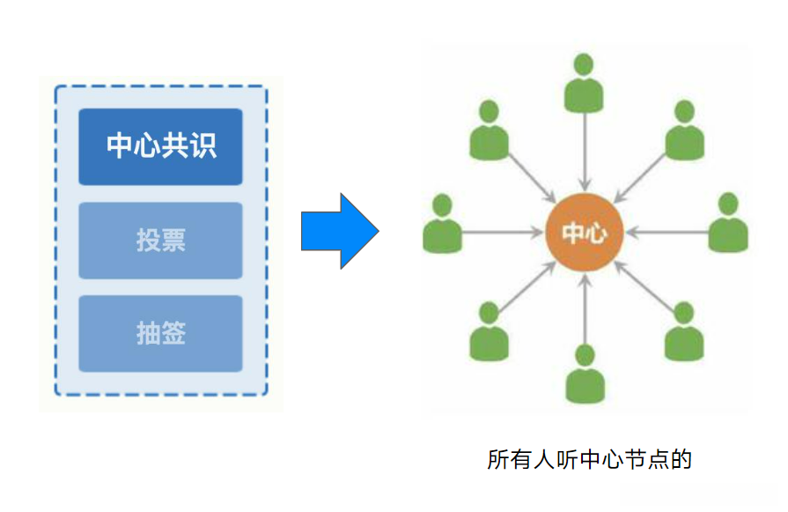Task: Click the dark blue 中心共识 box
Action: click(160, 146)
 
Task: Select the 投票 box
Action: click(160, 241)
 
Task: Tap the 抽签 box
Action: click(160, 333)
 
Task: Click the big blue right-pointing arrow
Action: click(340, 231)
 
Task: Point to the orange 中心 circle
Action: click(585, 233)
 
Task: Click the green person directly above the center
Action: click(584, 83)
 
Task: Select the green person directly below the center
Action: click(585, 374)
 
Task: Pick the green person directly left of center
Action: click(442, 223)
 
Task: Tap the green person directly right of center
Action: click(728, 222)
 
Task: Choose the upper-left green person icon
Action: click(489, 130)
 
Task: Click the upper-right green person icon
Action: click(684, 130)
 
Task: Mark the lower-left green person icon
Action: click(489, 331)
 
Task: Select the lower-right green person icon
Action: click(684, 331)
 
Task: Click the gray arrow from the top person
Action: click(585, 152)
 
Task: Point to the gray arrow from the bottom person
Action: click(585, 308)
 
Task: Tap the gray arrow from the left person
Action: click(503, 233)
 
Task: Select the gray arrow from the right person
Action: click(667, 233)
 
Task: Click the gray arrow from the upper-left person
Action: click(532, 178)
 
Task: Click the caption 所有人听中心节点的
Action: click(590, 459)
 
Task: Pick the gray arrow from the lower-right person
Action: click(644, 286)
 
